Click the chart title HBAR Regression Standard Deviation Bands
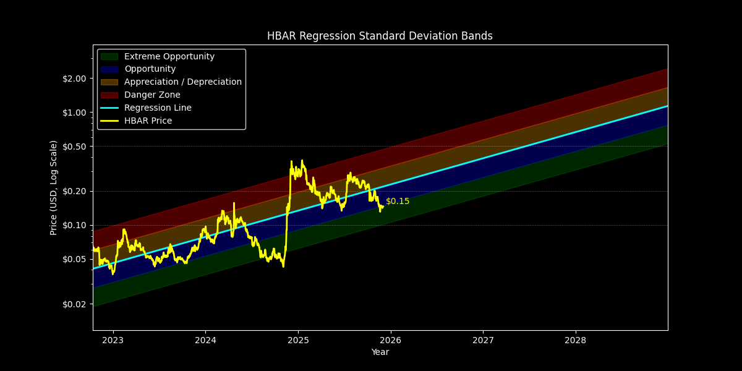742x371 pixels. [380, 36]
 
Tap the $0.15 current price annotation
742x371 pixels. [398, 202]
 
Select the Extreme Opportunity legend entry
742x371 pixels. [169, 56]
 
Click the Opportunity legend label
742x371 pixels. [150, 69]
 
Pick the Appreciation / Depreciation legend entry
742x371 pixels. [182, 82]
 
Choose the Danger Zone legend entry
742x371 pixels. [152, 95]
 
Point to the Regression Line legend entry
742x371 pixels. [158, 108]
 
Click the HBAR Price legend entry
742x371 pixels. [148, 121]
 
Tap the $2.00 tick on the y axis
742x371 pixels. [75, 79]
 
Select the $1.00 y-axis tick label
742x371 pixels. [75, 113]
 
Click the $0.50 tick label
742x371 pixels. [75, 147]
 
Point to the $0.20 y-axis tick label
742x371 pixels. [75, 191]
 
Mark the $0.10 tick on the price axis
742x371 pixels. [75, 225]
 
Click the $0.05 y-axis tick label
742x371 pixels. [75, 259]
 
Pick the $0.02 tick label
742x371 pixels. [75, 304]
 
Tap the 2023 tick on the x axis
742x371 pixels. [113, 340]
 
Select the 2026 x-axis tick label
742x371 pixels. [390, 340]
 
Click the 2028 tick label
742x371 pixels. [575, 340]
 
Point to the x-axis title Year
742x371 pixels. [380, 352]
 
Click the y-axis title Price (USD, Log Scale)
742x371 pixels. [54, 187]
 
